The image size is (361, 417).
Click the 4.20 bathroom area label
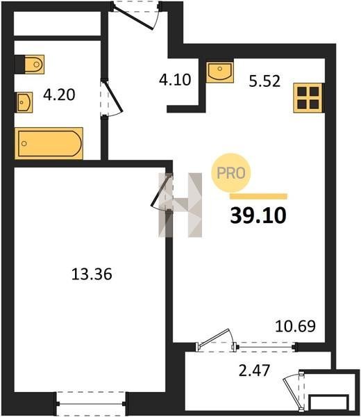click(59, 95)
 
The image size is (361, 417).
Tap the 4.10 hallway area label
click(175, 80)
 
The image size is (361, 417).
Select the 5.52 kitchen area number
click(265, 81)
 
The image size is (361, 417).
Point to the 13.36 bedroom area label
click(92, 275)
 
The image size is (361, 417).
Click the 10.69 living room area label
click(295, 326)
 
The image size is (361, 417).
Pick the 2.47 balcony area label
click(254, 370)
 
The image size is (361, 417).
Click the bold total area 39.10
click(258, 215)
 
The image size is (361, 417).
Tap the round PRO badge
click(230, 173)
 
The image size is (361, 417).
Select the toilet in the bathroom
click(29, 64)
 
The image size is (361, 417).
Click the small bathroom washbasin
click(24, 102)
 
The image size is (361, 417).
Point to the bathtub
click(49, 144)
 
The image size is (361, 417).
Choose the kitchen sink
click(219, 72)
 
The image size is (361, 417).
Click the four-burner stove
click(308, 98)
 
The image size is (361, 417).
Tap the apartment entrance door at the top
click(136, 15)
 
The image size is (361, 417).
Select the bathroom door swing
click(111, 98)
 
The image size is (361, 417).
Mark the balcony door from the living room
click(217, 340)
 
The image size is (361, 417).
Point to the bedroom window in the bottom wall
click(91, 403)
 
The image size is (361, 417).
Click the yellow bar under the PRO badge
click(258, 197)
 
